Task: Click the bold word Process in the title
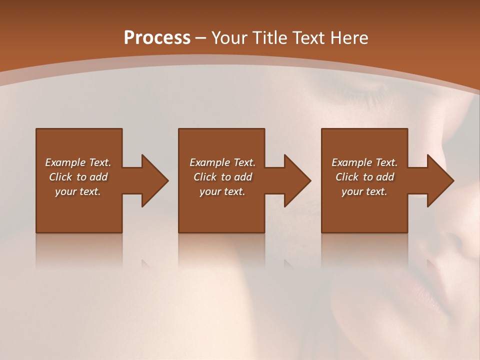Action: [x=157, y=38]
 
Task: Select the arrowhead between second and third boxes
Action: [x=297, y=180]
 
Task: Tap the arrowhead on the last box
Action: [x=440, y=180]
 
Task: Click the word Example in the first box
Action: [x=65, y=162]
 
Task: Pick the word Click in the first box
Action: [x=61, y=177]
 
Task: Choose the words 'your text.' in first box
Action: [x=78, y=191]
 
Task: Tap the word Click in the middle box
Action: [x=205, y=177]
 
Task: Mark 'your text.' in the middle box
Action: [x=222, y=191]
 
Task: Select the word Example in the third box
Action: [x=351, y=162]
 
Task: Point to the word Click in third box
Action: [x=347, y=177]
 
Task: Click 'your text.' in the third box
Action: [x=364, y=191]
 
